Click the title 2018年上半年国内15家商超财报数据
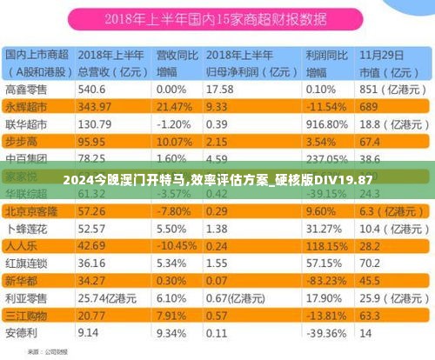(217, 18)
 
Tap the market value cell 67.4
(371, 141)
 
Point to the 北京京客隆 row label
(31, 210)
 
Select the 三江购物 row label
(26, 315)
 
